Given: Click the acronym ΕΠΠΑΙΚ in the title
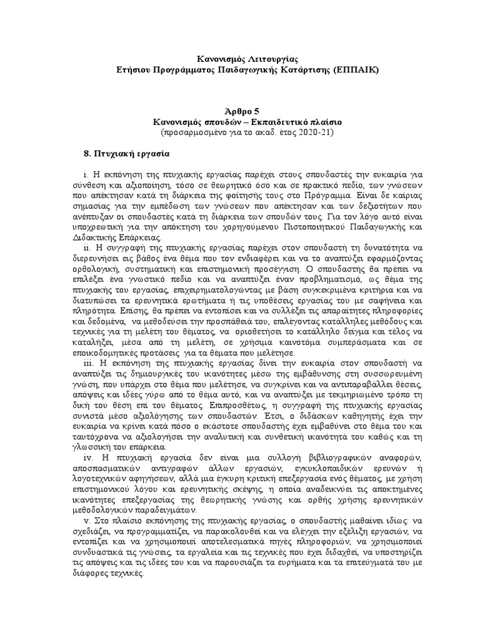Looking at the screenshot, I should tap(356, 70).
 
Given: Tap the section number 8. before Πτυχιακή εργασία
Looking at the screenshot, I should tap(87, 153).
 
